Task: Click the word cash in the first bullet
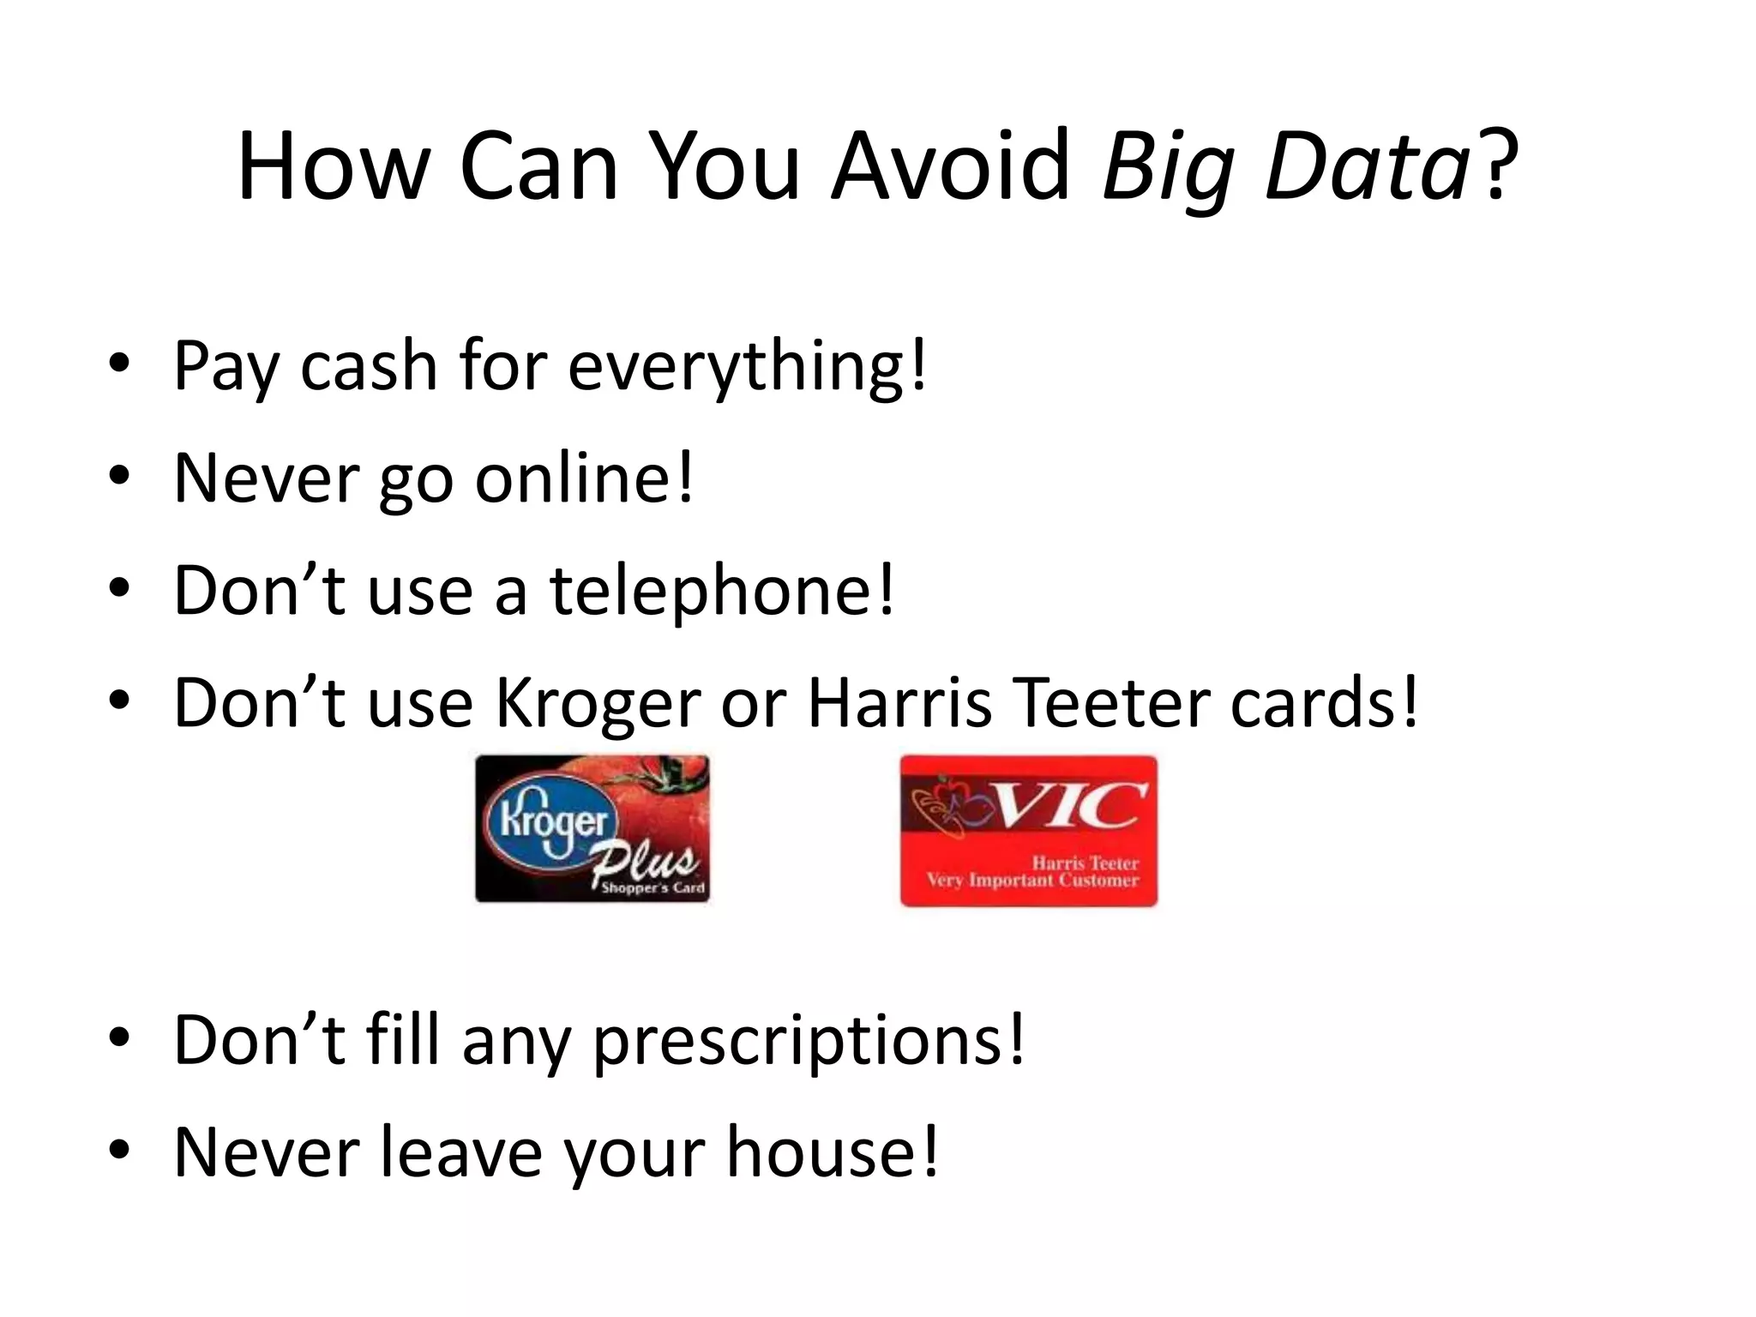pyautogui.click(x=370, y=366)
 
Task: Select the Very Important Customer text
pyautogui.click(x=1032, y=881)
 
